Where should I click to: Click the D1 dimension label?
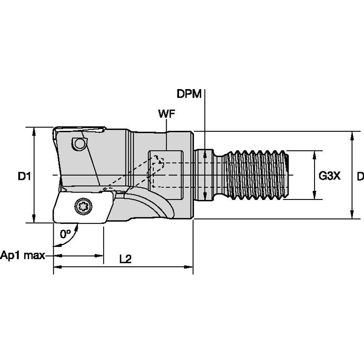pyautogui.click(x=24, y=176)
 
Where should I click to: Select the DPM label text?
pyautogui.click(x=189, y=94)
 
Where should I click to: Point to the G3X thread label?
pyautogui.click(x=330, y=176)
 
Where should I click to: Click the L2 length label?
pyautogui.click(x=124, y=259)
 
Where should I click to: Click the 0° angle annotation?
pyautogui.click(x=65, y=234)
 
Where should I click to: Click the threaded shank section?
pyautogui.click(x=256, y=175)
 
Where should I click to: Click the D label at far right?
pyautogui.click(x=360, y=176)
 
